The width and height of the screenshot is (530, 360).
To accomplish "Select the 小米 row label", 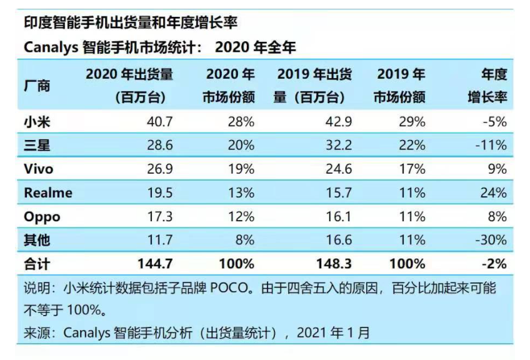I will click(37, 122).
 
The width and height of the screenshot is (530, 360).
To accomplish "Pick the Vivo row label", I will click(39, 169).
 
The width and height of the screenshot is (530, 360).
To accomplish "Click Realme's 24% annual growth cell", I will click(492, 193).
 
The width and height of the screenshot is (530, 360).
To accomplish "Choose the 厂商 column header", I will click(37, 86).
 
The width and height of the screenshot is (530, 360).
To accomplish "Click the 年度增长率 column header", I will click(487, 86).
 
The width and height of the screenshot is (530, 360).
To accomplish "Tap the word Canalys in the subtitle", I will click(51, 47).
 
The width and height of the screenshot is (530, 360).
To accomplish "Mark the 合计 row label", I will click(37, 264).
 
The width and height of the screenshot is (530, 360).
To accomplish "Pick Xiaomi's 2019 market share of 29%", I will click(412, 122).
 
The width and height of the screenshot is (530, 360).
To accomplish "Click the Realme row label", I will click(48, 193).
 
